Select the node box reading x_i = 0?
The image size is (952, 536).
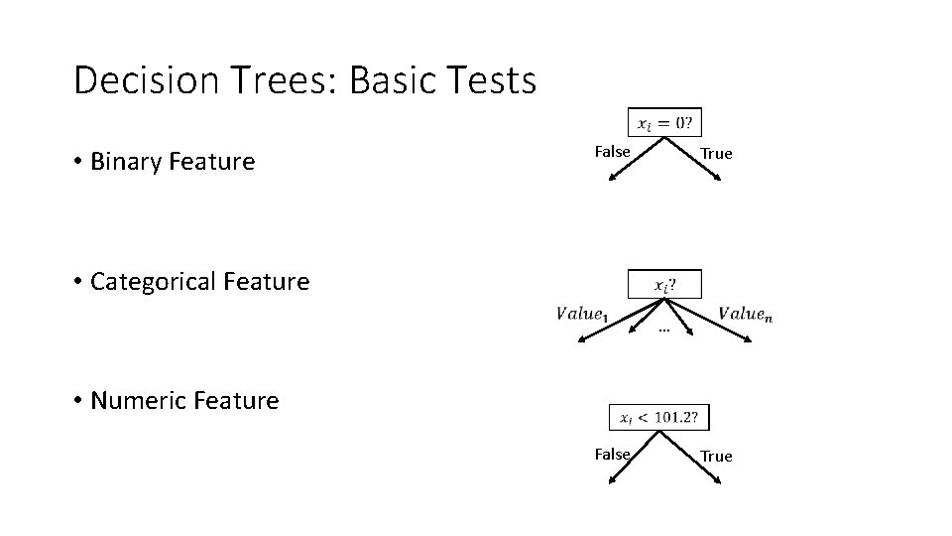664,123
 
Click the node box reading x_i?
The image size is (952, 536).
664,284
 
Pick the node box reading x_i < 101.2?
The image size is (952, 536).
659,418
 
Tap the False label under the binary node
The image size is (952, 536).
612,152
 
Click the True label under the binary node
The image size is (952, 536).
716,154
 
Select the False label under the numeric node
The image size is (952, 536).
612,454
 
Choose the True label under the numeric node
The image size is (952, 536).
716,457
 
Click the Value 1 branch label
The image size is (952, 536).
583,314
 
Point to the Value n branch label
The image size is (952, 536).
746,314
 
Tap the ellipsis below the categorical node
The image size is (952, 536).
663,329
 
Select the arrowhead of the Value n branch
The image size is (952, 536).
751,340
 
